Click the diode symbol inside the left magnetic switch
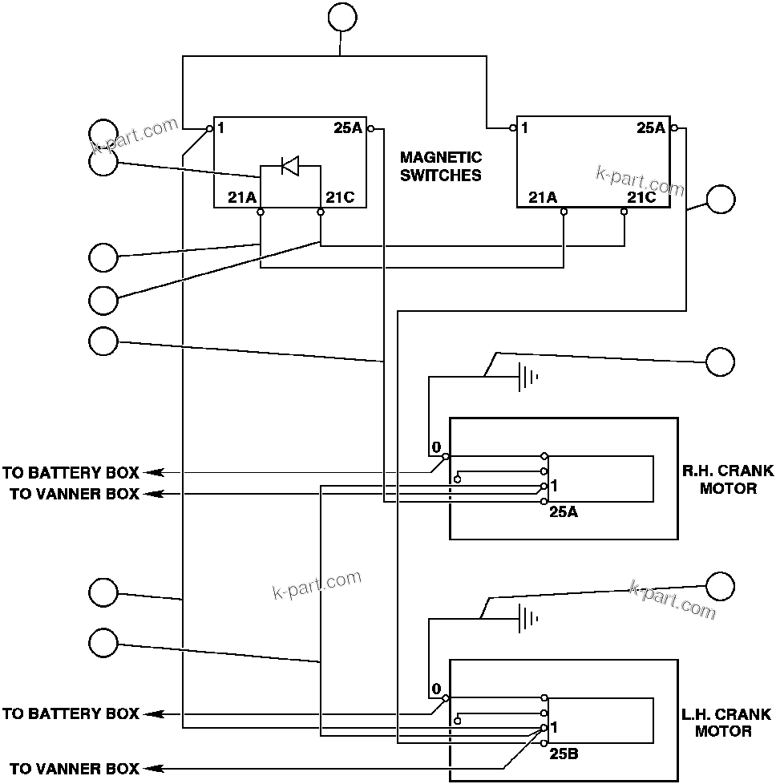[289, 167]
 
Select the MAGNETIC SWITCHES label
[441, 166]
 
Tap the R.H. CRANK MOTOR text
[728, 479]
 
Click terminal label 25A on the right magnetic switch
[651, 127]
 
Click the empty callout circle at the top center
[342, 18]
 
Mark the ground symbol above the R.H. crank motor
[527, 377]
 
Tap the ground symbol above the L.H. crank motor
[527, 619]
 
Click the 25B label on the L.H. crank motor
[564, 754]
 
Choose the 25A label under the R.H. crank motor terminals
[564, 511]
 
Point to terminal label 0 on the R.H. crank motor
[436, 446]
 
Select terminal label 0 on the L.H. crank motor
[436, 689]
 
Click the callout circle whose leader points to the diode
[103, 162]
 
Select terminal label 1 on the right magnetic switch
[523, 127]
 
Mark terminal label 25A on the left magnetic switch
[348, 127]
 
